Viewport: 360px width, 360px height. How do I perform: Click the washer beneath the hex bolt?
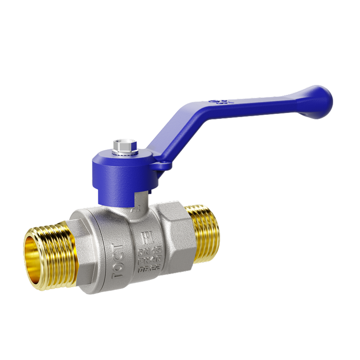121,152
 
